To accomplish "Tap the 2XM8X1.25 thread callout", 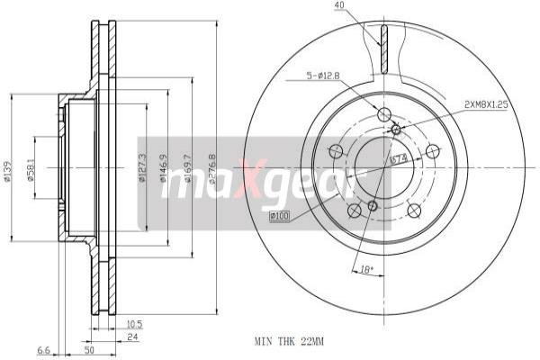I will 486,104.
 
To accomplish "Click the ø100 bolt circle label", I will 279,215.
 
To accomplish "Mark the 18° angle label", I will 365,268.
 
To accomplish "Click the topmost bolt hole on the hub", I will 385,114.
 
